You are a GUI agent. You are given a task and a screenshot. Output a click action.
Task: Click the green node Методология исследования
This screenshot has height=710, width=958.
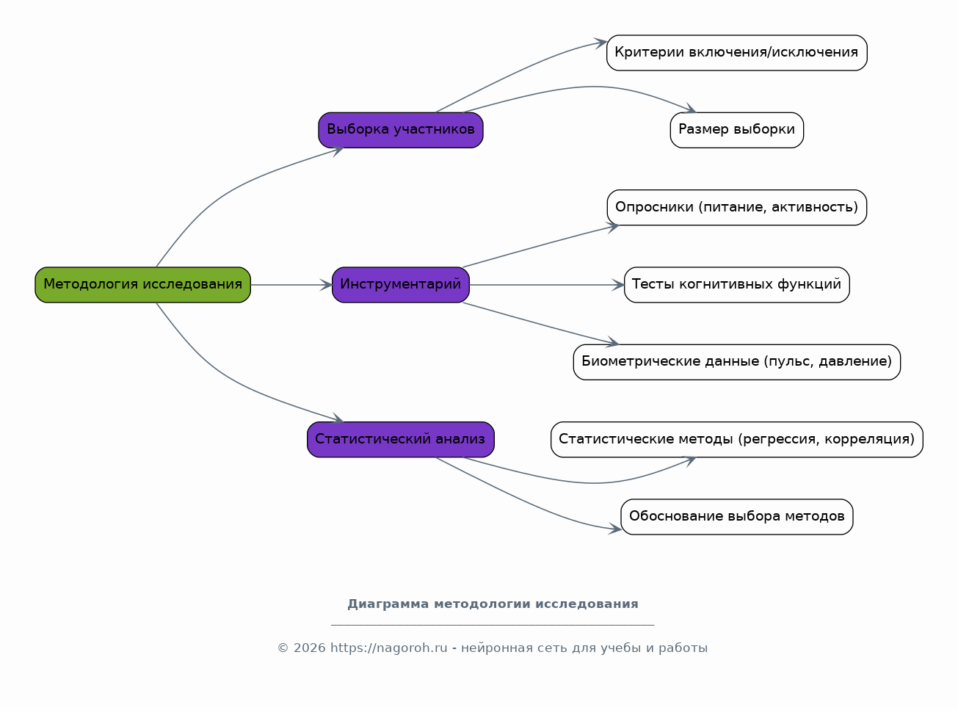(x=142, y=285)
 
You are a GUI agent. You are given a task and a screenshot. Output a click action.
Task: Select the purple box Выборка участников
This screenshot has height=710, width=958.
(x=400, y=130)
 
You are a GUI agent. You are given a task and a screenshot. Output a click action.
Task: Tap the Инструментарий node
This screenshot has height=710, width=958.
(x=400, y=285)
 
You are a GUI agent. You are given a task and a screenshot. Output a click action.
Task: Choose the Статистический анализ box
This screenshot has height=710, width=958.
(x=400, y=440)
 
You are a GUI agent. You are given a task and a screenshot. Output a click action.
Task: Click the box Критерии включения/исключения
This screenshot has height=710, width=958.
(x=736, y=53)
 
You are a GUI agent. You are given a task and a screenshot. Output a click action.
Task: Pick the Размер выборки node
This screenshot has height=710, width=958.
(x=736, y=130)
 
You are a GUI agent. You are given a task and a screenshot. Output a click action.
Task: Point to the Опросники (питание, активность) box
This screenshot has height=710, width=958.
(x=736, y=208)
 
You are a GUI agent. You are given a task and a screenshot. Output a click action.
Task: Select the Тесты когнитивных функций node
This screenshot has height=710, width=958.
(x=736, y=285)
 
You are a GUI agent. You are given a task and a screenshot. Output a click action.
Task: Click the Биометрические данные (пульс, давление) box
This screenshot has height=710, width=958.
(x=736, y=362)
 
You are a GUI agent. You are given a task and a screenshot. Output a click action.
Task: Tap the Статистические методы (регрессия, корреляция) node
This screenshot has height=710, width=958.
(x=736, y=440)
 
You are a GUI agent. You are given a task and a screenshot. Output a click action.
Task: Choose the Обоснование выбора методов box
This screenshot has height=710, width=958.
(x=736, y=517)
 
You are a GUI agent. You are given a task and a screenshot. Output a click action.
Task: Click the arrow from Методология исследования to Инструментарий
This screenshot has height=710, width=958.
(x=291, y=285)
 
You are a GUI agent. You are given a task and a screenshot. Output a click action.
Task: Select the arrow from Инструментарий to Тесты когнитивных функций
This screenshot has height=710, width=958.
(x=547, y=285)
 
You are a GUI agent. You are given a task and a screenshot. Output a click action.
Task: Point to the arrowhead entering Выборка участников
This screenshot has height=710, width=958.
(x=338, y=151)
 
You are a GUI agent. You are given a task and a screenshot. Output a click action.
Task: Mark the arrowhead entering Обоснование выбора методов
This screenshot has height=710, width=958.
(x=614, y=529)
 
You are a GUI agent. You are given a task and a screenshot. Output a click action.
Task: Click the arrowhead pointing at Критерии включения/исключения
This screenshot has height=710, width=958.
(x=600, y=43)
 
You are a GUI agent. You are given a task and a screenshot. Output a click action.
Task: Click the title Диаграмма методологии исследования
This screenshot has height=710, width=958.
(x=493, y=604)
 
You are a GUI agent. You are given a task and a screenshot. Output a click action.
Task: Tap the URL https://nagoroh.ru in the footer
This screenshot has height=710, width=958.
(x=389, y=648)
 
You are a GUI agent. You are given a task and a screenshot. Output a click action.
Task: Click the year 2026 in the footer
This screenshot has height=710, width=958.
(x=309, y=648)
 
